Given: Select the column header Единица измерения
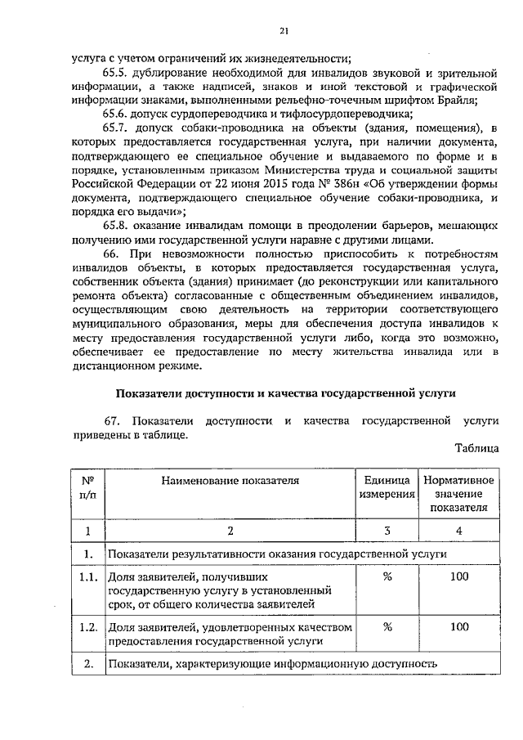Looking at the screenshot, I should [x=387, y=487].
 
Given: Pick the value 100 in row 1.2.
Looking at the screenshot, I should [x=458, y=626].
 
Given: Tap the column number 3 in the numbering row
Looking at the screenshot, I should [x=387, y=531].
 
